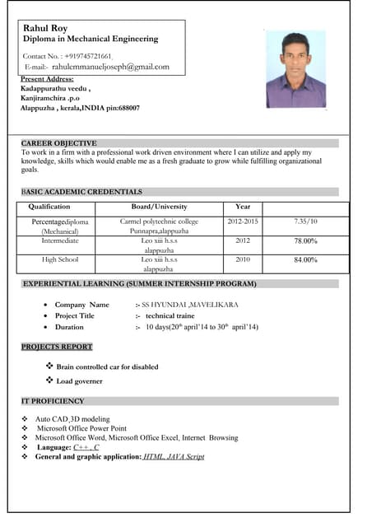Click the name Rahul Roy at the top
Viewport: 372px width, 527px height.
tap(45, 28)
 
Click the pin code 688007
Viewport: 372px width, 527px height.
tap(129, 108)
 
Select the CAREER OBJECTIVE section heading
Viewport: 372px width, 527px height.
tap(58, 143)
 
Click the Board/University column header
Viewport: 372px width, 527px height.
tap(159, 207)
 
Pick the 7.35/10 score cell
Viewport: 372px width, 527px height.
tap(305, 222)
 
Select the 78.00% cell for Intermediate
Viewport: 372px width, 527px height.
tap(305, 241)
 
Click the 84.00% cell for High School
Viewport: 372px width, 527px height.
tap(305, 260)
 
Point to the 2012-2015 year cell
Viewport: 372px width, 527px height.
tap(242, 222)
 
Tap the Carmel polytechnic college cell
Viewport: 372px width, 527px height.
tap(159, 222)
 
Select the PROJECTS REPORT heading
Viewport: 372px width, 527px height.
tap(57, 347)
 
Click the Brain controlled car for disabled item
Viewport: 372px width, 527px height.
tap(107, 366)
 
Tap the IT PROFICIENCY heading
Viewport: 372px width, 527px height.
tap(53, 401)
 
